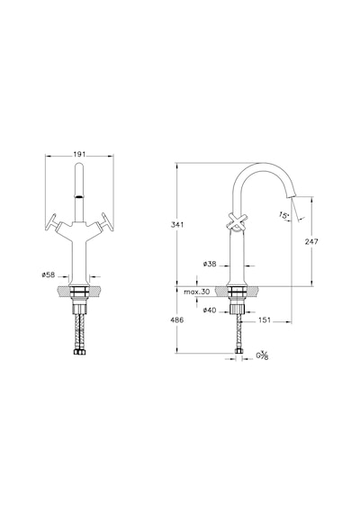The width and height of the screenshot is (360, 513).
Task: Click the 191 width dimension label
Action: [x=79, y=154]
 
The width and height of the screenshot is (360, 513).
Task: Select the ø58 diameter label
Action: [x=48, y=274]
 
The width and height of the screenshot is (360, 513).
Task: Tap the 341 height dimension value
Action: [x=177, y=225]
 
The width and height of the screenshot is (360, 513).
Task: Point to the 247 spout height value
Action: [x=311, y=241]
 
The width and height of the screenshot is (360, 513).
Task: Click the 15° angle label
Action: [x=284, y=215]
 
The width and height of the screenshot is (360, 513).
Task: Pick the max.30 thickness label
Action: [x=196, y=292]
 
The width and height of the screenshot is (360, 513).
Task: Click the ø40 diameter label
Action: [x=210, y=310]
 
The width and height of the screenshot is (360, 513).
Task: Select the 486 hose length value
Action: [x=177, y=319]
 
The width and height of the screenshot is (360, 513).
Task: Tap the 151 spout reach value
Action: [x=265, y=320]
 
